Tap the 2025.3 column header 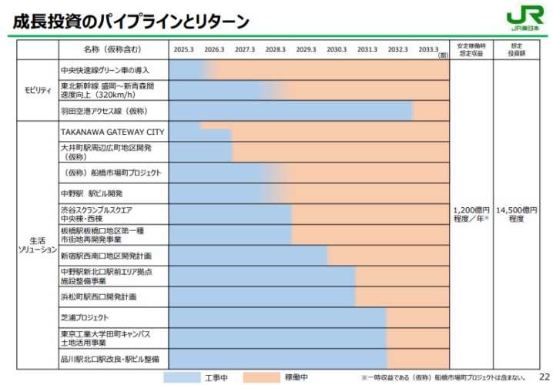point(183,49)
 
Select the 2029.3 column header point(306,49)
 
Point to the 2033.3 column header point(428,49)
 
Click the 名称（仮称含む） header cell point(112,49)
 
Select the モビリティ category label point(37,90)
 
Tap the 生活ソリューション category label point(37,245)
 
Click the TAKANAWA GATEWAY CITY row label point(112,132)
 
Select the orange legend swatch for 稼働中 point(261,377)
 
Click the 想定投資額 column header point(517,49)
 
